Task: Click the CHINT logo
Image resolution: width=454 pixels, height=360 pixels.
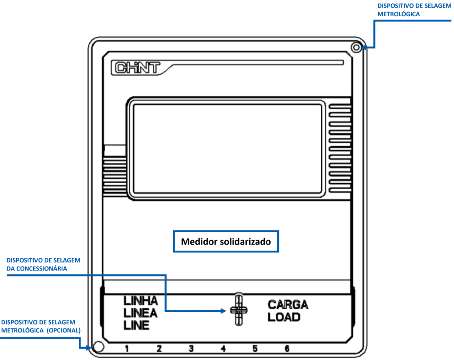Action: (x=137, y=68)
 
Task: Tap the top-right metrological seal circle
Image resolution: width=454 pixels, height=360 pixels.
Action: (x=356, y=48)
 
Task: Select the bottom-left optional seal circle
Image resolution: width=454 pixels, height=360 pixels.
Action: (x=99, y=347)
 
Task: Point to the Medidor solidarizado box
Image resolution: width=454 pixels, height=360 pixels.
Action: (x=226, y=241)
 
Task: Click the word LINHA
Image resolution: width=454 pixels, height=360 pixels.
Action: (x=141, y=301)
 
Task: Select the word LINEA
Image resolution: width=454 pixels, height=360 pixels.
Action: (x=141, y=313)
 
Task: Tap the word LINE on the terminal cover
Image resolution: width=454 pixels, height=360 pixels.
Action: (x=136, y=325)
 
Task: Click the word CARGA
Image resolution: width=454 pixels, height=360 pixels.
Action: (x=288, y=305)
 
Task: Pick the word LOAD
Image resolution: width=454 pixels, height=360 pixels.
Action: (x=284, y=317)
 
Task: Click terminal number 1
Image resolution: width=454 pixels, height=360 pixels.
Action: (x=127, y=349)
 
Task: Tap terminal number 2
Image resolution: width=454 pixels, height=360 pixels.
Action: (x=159, y=349)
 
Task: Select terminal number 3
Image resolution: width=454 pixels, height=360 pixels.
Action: (x=191, y=349)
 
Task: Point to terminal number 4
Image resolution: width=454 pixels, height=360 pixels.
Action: (x=224, y=349)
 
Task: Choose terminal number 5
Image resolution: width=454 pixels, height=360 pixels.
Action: (x=255, y=349)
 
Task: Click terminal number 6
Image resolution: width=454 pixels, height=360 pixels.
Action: (x=287, y=349)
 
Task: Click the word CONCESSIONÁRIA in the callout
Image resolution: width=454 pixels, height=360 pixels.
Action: (x=42, y=269)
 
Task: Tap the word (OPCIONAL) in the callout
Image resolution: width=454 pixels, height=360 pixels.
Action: (x=64, y=330)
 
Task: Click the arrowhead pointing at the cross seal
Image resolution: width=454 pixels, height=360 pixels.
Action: (x=223, y=311)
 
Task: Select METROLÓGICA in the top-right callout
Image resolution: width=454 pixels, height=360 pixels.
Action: (x=398, y=14)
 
